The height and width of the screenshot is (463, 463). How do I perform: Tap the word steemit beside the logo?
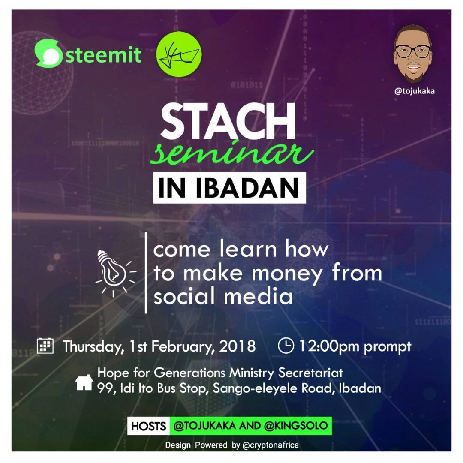(x=104, y=55)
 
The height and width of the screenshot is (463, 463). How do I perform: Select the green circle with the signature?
(x=179, y=54)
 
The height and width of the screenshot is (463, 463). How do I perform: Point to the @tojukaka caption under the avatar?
(x=414, y=91)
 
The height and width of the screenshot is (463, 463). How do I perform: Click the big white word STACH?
(x=228, y=121)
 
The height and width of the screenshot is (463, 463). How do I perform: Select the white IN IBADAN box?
(x=229, y=188)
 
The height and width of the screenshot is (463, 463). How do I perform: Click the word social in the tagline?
(x=186, y=296)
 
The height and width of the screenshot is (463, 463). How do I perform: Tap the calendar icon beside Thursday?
(x=45, y=346)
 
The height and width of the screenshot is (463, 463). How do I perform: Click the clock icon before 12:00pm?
(x=286, y=346)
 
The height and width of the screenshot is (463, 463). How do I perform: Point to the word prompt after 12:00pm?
(x=388, y=347)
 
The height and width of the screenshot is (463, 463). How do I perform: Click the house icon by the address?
(x=84, y=382)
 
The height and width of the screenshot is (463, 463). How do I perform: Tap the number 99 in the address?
(x=105, y=388)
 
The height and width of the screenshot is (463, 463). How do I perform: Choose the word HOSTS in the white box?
(x=148, y=426)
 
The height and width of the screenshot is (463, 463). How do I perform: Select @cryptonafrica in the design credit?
(x=271, y=445)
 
